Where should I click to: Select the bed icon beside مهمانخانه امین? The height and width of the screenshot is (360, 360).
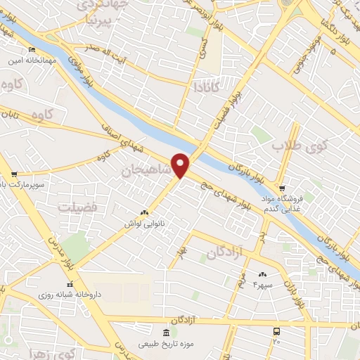tap(31, 49)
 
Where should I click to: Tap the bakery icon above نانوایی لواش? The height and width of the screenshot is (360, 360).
tap(144, 212)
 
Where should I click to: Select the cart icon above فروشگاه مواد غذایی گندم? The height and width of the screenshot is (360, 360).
tap(282, 188)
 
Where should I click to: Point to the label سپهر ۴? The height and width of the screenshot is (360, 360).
tap(262, 283)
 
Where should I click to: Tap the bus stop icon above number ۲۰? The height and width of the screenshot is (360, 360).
tap(276, 330)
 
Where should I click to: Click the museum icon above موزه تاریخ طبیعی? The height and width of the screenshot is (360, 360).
tap(165, 332)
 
